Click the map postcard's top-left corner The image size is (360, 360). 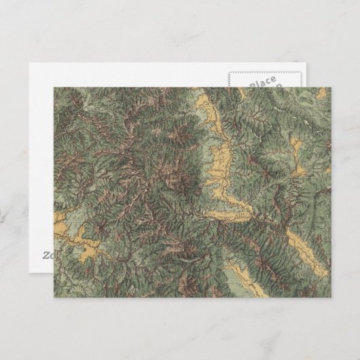pyautogui.click(x=52, y=86)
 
